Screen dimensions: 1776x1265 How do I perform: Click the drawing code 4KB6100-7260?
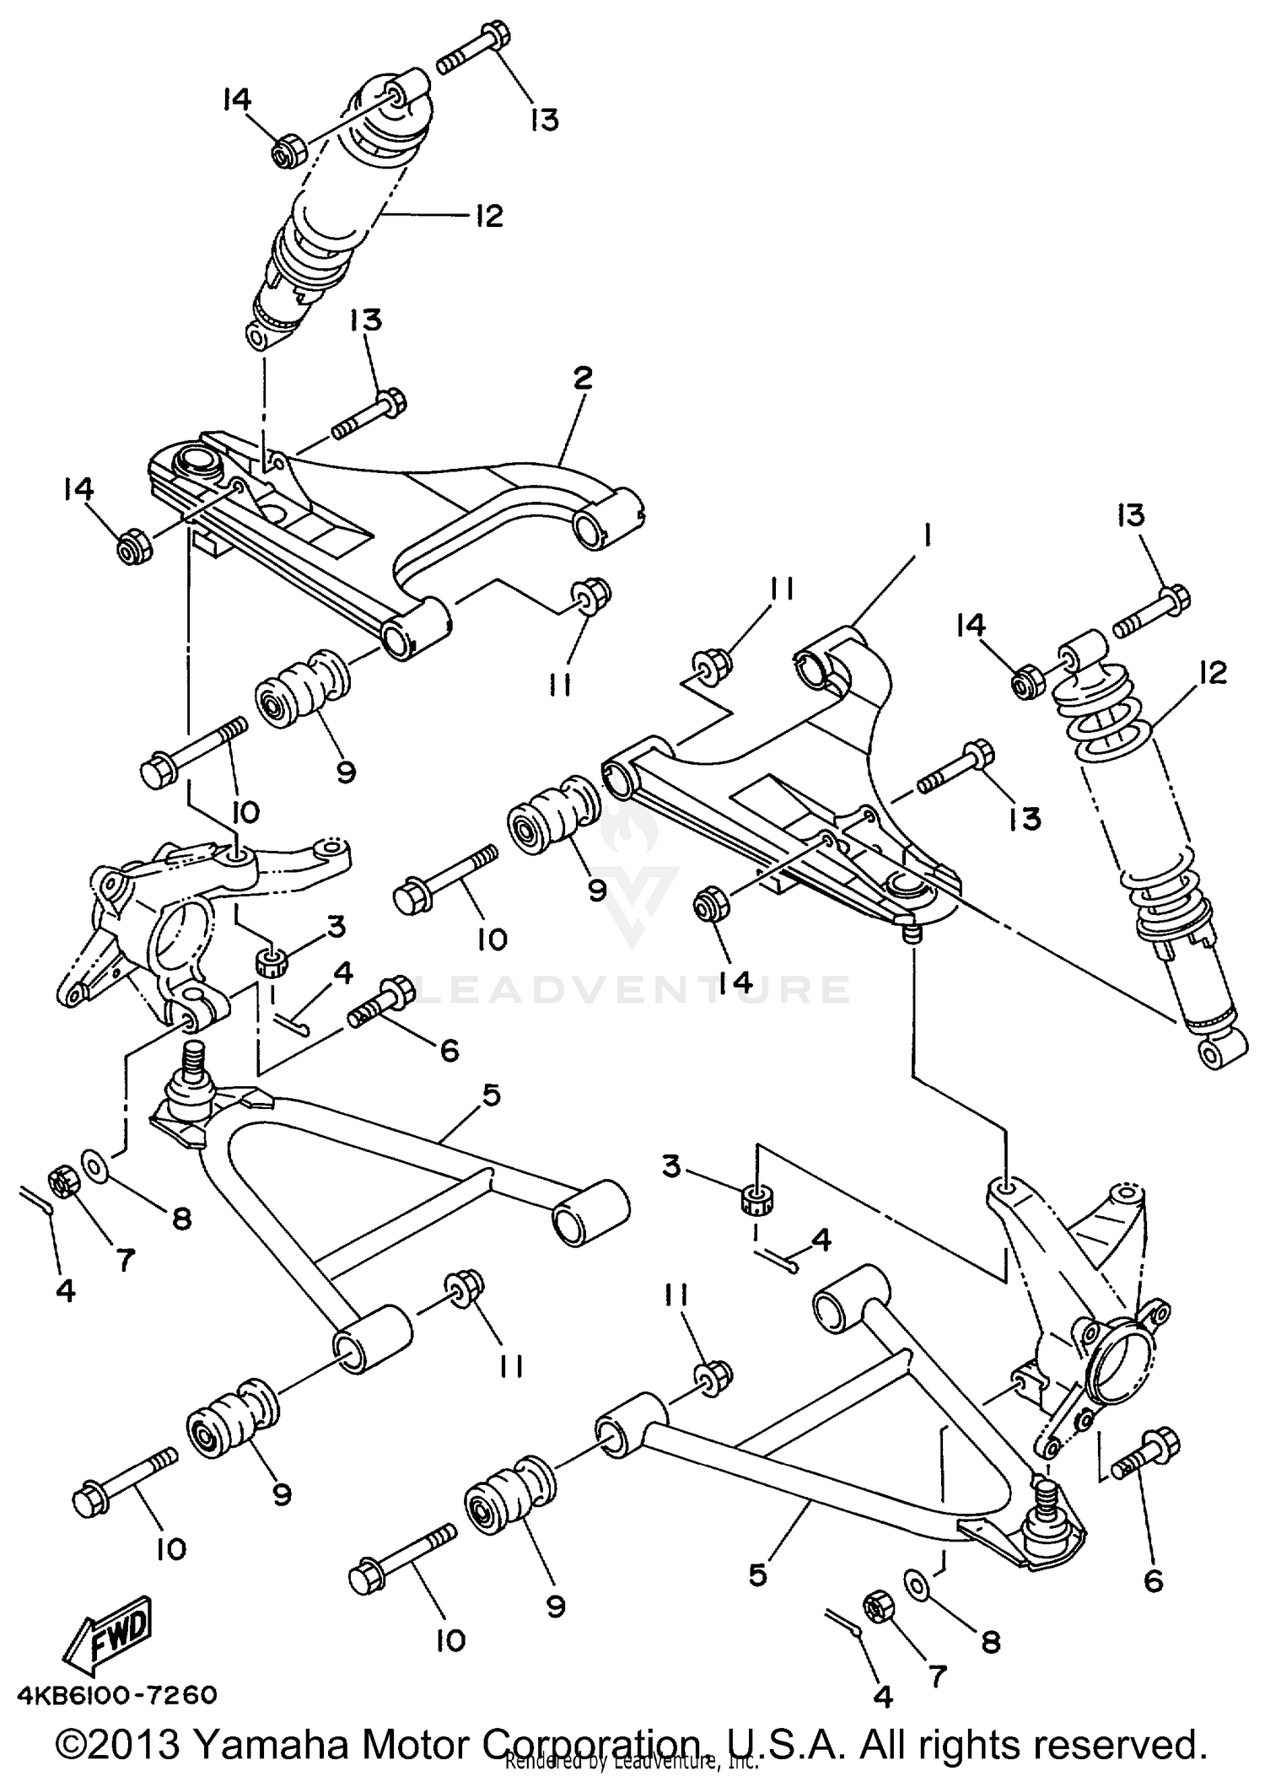coord(116,1694)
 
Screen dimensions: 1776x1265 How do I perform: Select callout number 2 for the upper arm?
coord(583,379)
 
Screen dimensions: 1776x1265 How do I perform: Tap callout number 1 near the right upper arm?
coord(926,535)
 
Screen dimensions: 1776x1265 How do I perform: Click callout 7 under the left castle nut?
coord(124,1260)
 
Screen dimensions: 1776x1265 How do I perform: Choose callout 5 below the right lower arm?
coord(756,1574)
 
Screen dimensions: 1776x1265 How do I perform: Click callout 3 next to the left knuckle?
coord(336,927)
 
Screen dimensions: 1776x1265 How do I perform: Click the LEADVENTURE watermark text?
coord(632,988)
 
